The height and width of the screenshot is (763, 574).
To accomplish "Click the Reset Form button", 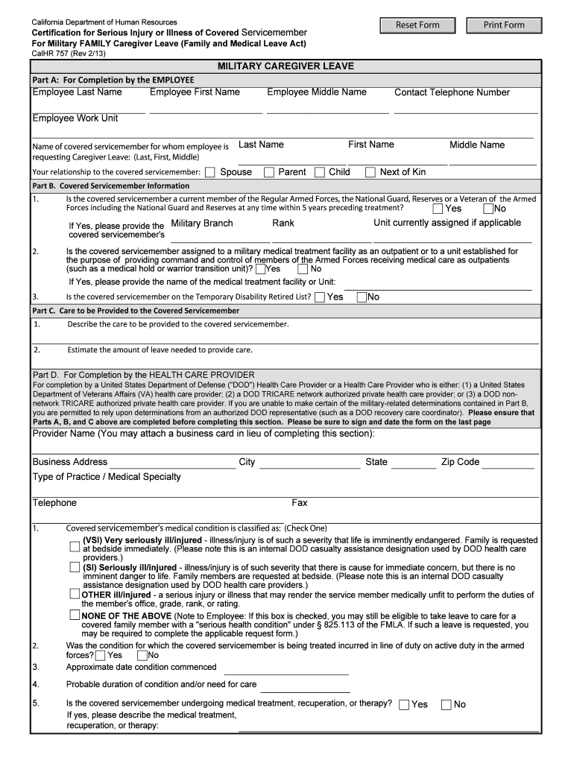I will [417, 25].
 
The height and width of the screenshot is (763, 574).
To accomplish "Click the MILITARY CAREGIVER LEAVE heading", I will [286, 66].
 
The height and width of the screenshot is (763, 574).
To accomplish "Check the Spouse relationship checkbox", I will [210, 172].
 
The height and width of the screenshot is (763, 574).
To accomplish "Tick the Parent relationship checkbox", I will [269, 172].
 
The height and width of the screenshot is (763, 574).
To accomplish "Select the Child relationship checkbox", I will [320, 172].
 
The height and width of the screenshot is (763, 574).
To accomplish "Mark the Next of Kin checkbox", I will [370, 172].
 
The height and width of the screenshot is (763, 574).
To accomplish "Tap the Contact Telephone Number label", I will [452, 92].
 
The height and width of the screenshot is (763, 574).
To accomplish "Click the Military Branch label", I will [202, 224].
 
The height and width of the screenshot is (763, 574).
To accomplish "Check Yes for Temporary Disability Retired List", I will [320, 297].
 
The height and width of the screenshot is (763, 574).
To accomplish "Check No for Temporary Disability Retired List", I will [362, 297].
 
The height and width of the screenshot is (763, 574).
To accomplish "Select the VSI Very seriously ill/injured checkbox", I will [75, 546].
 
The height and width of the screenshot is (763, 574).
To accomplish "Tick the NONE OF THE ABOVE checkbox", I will [75, 615].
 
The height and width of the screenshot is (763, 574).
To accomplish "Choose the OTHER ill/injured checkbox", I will [75, 594].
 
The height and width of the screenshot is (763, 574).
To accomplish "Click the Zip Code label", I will [460, 462].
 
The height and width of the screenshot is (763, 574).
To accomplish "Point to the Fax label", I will [300, 503].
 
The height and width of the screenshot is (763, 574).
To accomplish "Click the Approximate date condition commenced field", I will [293, 668].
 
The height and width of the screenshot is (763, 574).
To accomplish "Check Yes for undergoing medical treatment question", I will [404, 704].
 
